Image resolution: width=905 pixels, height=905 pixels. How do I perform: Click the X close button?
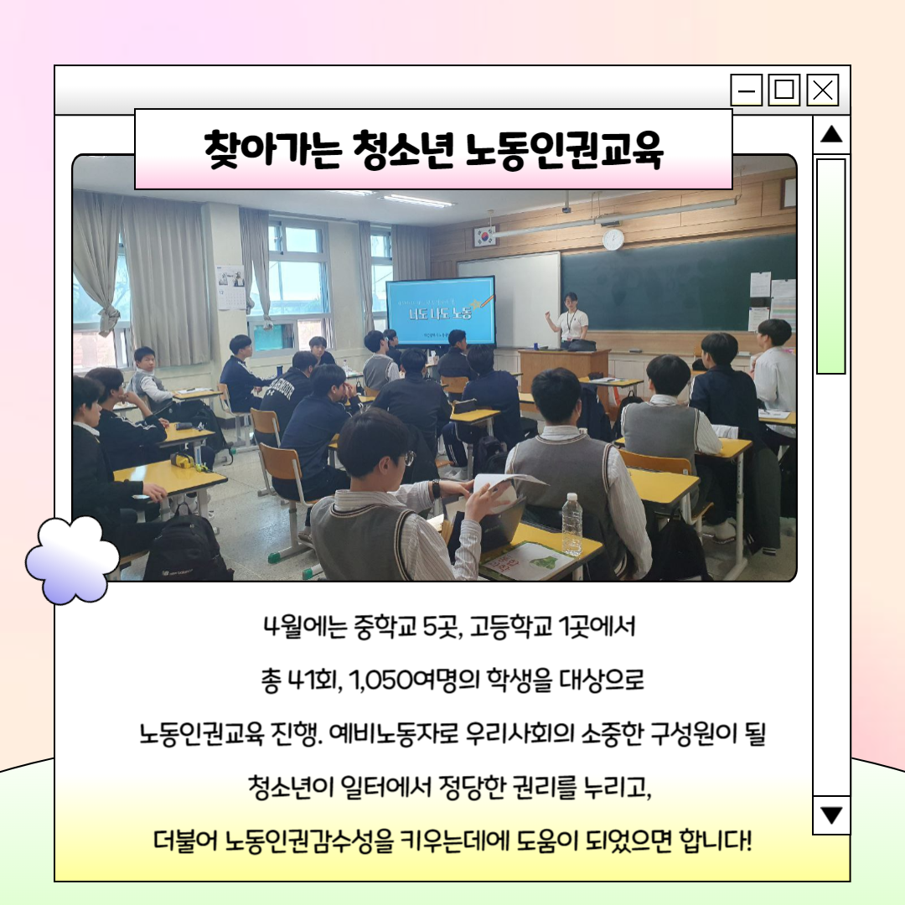[x=823, y=90]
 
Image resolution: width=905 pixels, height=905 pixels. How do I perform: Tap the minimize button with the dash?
[x=747, y=90]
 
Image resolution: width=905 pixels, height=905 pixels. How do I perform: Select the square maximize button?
[x=783, y=90]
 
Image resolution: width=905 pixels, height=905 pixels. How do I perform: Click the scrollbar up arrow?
[x=831, y=134]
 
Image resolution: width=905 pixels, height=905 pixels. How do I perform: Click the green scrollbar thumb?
[x=830, y=266]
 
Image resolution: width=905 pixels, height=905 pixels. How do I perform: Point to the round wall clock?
[x=613, y=239]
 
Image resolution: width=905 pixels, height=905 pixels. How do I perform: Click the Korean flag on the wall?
[x=484, y=236]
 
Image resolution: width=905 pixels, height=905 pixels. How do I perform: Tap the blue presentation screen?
[x=441, y=311]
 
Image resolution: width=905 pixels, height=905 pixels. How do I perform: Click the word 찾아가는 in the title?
[x=273, y=151]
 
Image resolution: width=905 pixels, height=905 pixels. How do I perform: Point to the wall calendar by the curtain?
[x=230, y=287]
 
